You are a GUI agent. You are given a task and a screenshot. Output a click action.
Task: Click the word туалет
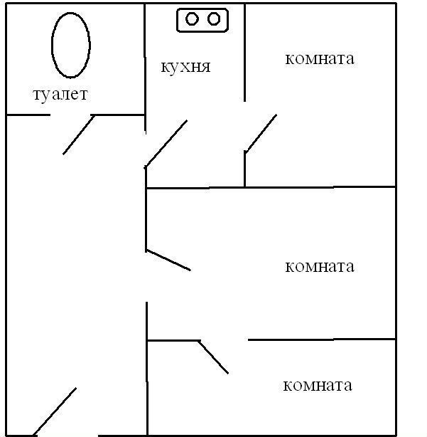tap(60, 94)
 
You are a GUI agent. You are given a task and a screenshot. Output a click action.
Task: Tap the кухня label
tap(185, 68)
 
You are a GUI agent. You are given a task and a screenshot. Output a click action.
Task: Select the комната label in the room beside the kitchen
tap(319, 58)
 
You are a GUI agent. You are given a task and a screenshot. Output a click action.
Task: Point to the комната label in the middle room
tap(319, 267)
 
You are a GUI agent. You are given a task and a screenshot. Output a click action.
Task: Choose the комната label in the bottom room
tap(318, 386)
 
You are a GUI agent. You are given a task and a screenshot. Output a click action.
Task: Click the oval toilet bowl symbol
tap(71, 44)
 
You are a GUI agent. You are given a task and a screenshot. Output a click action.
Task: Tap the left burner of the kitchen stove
tap(192, 19)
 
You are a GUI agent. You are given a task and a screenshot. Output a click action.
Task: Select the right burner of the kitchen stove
tap(213, 19)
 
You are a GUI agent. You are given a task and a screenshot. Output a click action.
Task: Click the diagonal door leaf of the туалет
tap(79, 135)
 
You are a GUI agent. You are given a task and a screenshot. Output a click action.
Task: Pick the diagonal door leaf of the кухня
tap(166, 144)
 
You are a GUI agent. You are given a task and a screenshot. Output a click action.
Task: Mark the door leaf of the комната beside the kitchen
tap(261, 133)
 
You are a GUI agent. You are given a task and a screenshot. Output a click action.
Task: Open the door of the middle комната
tap(168, 260)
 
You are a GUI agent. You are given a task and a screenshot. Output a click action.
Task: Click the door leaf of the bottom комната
tap(213, 357)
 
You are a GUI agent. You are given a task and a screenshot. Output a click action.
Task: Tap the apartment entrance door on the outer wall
tap(55, 412)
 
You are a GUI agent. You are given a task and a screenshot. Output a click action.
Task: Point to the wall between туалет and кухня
tap(145, 57)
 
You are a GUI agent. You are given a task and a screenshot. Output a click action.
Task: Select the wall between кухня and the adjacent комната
tap(245, 50)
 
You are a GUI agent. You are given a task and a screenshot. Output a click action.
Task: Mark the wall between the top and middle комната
tap(320, 188)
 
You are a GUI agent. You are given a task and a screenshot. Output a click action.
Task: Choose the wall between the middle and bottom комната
tap(320, 339)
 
